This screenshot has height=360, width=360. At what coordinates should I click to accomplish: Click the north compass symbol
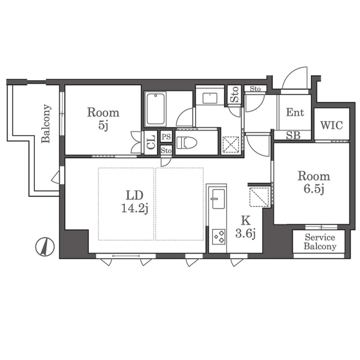45,247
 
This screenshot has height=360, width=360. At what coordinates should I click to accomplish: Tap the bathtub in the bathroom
155,109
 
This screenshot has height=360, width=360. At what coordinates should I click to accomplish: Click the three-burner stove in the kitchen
219,237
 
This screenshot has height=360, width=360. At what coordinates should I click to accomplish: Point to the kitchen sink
218,199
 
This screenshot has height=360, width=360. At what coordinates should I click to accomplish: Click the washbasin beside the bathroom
210,98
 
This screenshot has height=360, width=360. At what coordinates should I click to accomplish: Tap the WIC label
331,125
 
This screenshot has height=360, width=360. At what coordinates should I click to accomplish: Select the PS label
166,137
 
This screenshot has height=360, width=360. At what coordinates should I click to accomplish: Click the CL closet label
151,142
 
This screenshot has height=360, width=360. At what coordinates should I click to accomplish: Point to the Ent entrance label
295,112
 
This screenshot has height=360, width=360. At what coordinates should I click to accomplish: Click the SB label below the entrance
293,136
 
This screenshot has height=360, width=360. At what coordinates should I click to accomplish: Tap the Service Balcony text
320,242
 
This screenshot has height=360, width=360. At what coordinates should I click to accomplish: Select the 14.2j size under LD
134,209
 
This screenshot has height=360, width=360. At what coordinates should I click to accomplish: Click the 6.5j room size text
314,189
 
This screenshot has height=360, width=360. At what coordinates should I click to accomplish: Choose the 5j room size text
103,125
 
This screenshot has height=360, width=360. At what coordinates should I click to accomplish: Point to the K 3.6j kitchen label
245,227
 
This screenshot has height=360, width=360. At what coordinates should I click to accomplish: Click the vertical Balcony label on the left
46,124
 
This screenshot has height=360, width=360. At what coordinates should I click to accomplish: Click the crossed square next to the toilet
231,145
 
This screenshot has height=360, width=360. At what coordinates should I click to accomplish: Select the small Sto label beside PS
166,151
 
